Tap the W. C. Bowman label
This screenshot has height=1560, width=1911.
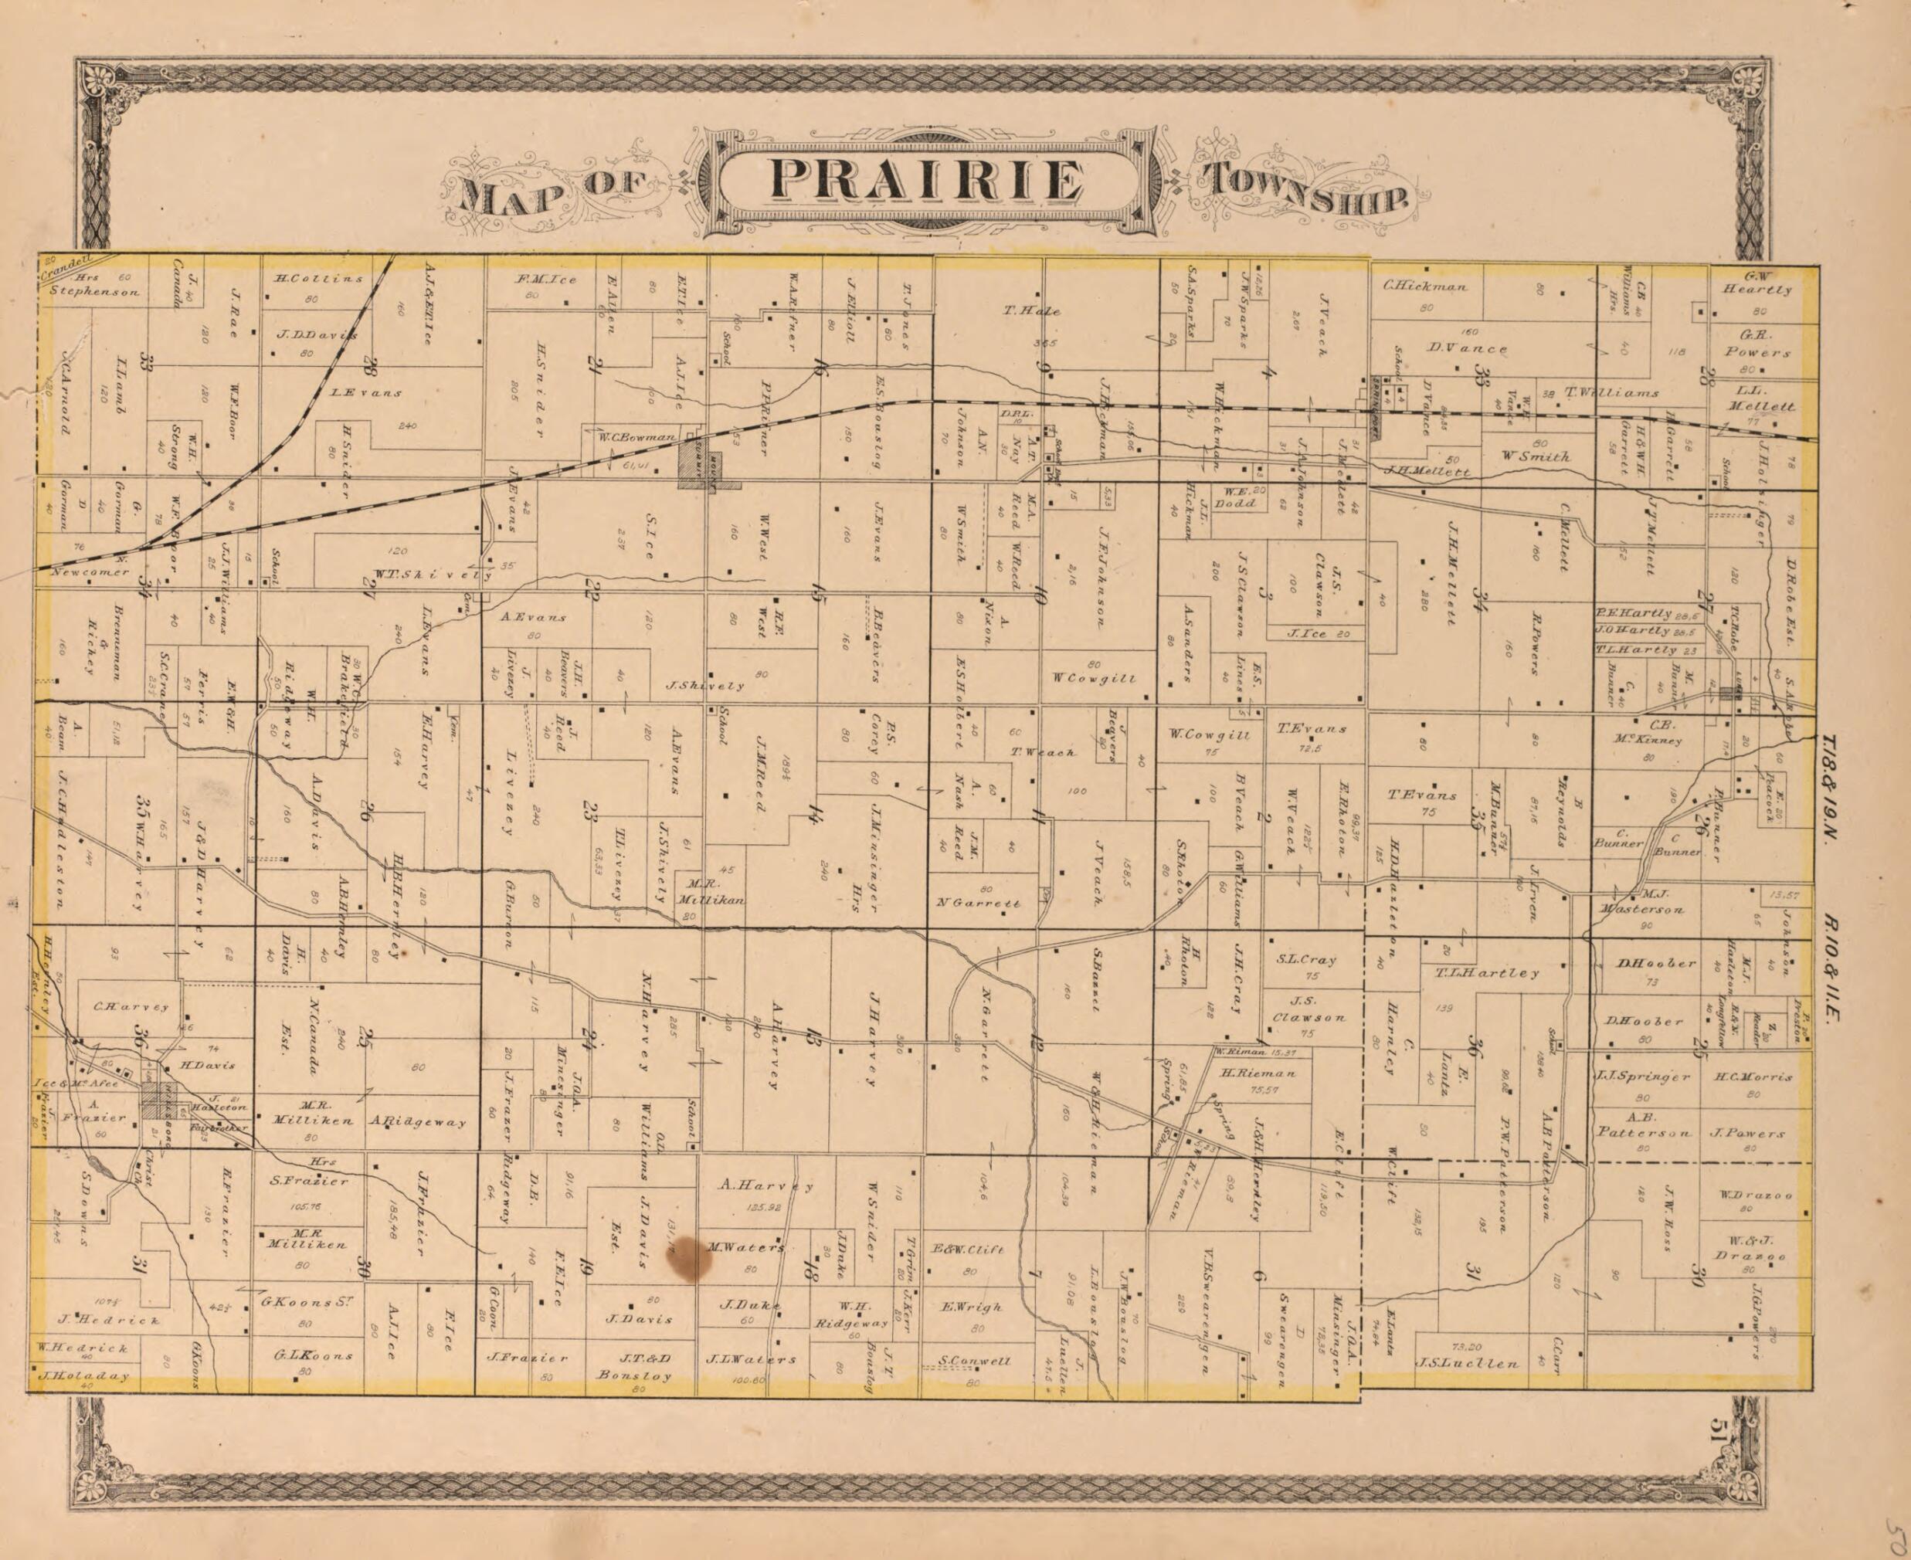(636, 438)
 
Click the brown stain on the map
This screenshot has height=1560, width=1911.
(691, 1258)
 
